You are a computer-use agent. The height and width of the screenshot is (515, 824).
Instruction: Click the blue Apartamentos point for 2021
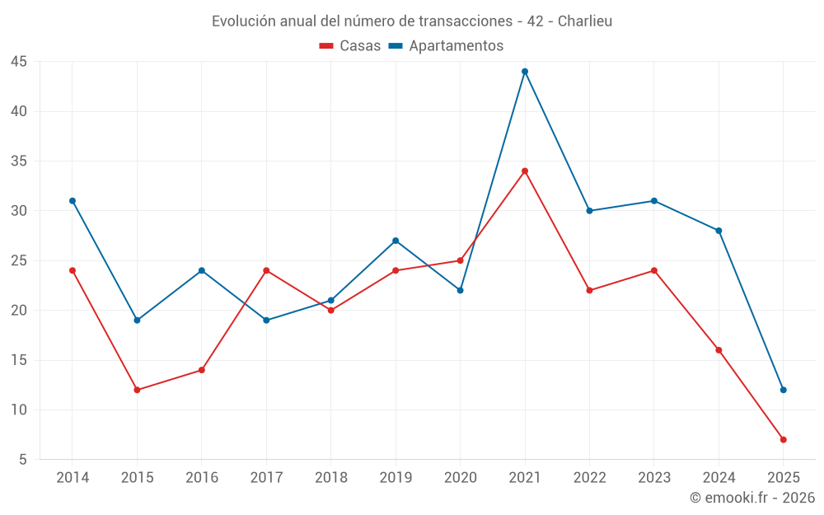[x=525, y=72]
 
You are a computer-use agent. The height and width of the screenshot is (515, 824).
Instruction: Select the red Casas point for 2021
[x=525, y=171]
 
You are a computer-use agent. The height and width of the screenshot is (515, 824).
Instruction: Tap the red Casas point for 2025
[x=784, y=440]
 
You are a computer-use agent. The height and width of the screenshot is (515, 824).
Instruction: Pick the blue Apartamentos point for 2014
[x=73, y=201]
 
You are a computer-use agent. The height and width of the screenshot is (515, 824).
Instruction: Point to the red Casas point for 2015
[x=137, y=390]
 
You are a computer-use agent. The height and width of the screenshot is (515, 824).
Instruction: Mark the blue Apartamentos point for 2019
[x=396, y=241]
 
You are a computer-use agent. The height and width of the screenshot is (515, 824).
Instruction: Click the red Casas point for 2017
[x=266, y=270]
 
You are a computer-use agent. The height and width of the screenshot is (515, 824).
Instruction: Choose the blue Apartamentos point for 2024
[x=719, y=231]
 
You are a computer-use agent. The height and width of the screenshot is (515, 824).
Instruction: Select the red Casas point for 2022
[x=589, y=290]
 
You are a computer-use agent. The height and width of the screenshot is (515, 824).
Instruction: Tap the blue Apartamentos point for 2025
[x=784, y=390]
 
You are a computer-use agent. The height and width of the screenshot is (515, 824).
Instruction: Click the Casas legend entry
[x=350, y=46]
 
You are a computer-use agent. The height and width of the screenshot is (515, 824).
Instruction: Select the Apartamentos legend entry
[x=446, y=46]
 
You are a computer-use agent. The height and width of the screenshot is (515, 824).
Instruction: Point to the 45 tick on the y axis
[x=19, y=62]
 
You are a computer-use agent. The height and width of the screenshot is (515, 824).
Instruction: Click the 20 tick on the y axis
[x=19, y=311]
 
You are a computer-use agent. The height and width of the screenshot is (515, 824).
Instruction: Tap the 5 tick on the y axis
[x=23, y=460]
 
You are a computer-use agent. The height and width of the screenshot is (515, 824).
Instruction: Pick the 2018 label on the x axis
[x=330, y=478]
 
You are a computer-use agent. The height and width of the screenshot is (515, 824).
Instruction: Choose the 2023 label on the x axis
[x=654, y=478]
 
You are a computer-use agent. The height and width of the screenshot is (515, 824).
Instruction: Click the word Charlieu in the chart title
[x=585, y=21]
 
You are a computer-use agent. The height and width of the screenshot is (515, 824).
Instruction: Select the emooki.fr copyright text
[x=752, y=498]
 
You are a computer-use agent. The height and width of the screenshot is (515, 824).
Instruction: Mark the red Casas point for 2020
[x=460, y=260]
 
